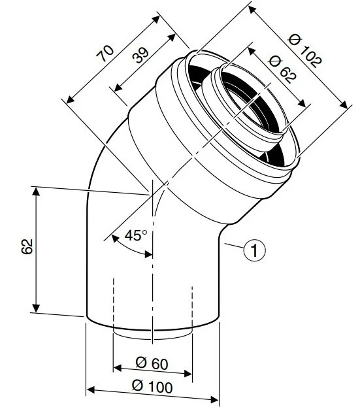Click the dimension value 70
[x=105, y=54]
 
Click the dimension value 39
[x=140, y=55]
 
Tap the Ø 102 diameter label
[x=305, y=50]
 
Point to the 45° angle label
[x=136, y=235]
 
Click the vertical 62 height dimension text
[x=27, y=246]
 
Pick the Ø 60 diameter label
[x=152, y=364]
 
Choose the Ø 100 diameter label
[x=152, y=387]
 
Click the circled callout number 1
[x=254, y=250]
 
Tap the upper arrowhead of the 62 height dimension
[x=36, y=191]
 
